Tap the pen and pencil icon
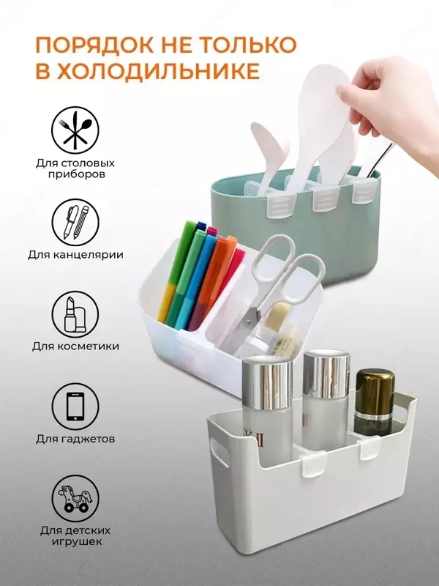click(x=75, y=222)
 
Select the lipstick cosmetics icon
click(x=75, y=314)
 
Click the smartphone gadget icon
click(x=75, y=407)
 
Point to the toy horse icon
click(x=75, y=499)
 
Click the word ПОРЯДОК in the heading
click(x=94, y=45)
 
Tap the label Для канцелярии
click(x=75, y=255)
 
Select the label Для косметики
click(x=75, y=346)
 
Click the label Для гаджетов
click(x=75, y=438)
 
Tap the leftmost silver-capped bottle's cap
click(x=267, y=381)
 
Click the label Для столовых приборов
click(x=75, y=169)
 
